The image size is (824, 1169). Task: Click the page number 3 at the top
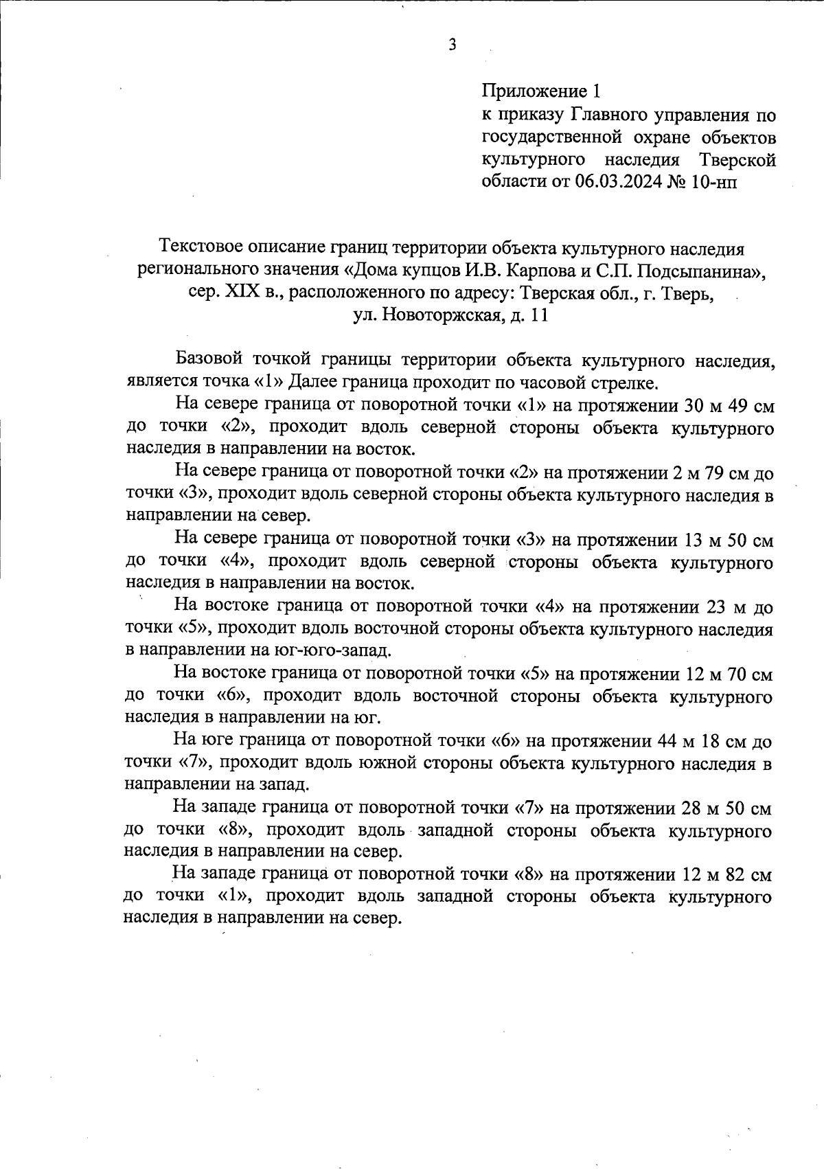(452, 45)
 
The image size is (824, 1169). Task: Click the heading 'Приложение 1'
(542, 91)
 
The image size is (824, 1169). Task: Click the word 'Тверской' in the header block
(737, 160)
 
